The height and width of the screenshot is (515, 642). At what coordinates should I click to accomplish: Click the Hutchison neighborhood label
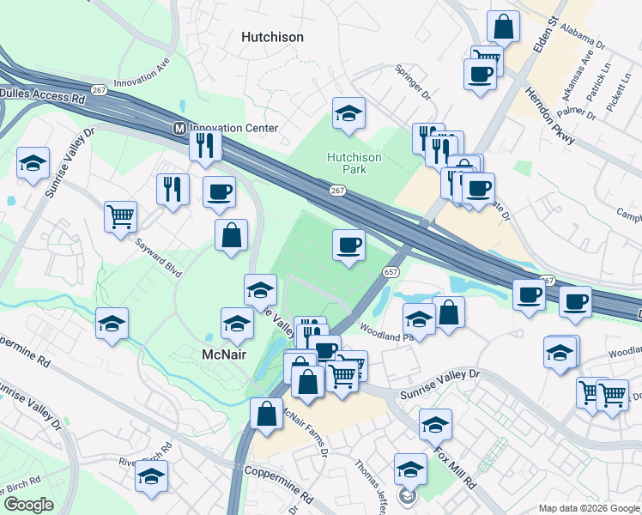(x=272, y=37)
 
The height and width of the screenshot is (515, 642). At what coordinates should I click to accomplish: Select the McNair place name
(x=225, y=354)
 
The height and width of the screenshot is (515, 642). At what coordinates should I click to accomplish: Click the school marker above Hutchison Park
(x=348, y=113)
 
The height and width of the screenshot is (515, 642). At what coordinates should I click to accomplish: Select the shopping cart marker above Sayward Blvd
(x=120, y=215)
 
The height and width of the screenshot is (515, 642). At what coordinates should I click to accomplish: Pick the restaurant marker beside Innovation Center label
(x=205, y=144)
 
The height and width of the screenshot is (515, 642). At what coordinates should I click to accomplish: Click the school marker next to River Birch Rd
(x=152, y=476)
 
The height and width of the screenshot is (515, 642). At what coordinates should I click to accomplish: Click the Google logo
(x=28, y=504)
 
